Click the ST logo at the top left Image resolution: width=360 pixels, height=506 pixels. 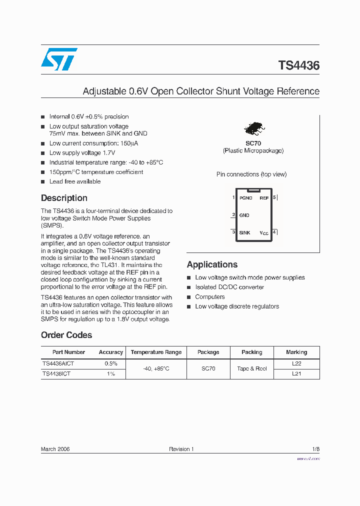(x=59, y=59)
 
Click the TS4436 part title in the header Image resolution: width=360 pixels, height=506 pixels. (x=298, y=65)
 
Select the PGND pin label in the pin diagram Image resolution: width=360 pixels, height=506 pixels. (x=245, y=198)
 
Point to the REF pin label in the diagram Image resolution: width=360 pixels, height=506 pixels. (x=264, y=198)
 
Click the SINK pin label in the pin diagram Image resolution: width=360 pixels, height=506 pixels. (x=244, y=232)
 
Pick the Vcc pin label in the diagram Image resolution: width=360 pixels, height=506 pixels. (x=264, y=233)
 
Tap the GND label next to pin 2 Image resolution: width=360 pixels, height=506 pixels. (x=244, y=215)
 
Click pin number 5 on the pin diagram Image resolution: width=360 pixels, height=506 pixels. (x=274, y=197)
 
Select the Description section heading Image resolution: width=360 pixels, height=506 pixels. (x=64, y=198)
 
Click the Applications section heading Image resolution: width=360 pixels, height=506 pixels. (x=212, y=264)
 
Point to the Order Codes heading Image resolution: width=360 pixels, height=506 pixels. (x=66, y=335)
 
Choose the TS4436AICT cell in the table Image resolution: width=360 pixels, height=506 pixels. (x=58, y=363)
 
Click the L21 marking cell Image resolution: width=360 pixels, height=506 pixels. (x=296, y=373)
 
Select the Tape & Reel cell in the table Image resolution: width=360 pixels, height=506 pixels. (x=251, y=368)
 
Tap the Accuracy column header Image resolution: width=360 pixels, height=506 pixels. (x=111, y=352)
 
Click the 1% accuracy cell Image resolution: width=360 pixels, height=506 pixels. (x=111, y=373)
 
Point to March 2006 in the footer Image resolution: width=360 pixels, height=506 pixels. (x=55, y=449)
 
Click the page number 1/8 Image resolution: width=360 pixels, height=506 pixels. (x=315, y=449)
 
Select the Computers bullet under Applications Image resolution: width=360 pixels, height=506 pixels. (x=210, y=296)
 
